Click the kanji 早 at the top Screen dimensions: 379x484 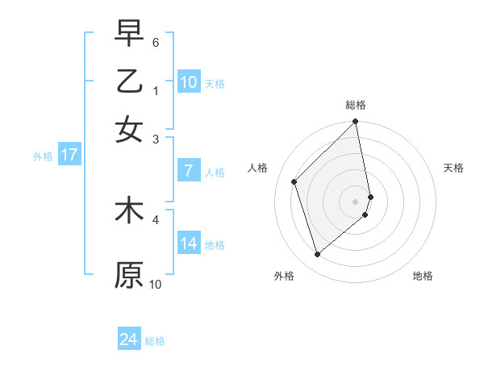(129, 33)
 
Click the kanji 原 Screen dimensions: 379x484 (129, 274)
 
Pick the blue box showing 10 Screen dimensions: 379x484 (189, 82)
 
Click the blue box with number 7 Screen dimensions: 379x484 (189, 171)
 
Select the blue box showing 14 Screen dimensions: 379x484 (189, 244)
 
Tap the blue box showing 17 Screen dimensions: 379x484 (69, 156)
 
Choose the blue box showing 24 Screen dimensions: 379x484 (129, 339)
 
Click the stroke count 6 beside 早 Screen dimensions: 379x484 (156, 41)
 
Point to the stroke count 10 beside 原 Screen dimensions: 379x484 (156, 284)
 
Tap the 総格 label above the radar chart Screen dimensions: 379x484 (356, 105)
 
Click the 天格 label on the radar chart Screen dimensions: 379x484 (454, 168)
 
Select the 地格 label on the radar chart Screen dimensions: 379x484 (423, 276)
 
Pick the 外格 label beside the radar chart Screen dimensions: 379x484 (284, 276)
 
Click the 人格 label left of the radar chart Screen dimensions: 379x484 (258, 168)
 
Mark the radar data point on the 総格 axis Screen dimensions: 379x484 (356, 123)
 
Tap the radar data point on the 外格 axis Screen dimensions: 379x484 (317, 255)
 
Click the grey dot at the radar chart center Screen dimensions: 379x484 (356, 201)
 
